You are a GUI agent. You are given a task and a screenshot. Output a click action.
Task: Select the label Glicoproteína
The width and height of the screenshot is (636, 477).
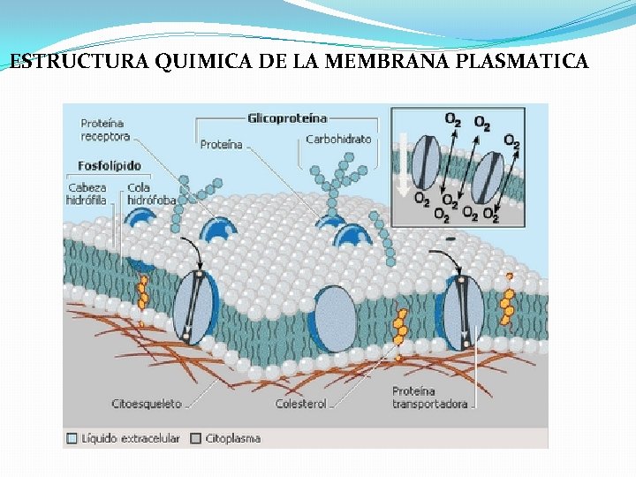[287, 117]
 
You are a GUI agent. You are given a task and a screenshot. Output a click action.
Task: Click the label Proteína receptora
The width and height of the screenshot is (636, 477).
[105, 130]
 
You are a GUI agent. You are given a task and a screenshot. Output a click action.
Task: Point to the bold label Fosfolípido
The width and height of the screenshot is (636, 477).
[110, 165]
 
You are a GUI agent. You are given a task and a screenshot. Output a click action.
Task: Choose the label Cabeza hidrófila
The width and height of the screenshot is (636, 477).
[86, 193]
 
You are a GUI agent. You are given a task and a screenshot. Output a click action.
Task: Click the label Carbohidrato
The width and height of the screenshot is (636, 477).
[338, 139]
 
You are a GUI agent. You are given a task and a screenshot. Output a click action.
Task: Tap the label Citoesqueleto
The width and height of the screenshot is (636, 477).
[147, 404]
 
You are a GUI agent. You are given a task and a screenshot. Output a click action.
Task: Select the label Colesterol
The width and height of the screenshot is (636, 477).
[300, 404]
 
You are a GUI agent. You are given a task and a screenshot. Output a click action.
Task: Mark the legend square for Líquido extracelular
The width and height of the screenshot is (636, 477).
[72, 437]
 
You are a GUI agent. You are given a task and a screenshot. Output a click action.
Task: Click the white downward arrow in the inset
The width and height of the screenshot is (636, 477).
[403, 164]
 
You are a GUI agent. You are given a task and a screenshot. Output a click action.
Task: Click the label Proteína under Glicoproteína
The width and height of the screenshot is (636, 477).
[221, 145]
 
